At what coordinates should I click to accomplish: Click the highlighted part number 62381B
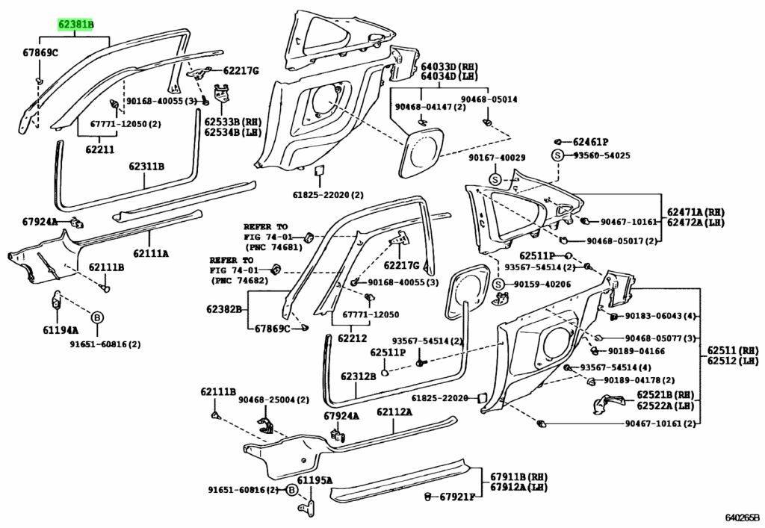[x=76, y=24]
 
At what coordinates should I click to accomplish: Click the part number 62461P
[x=591, y=141]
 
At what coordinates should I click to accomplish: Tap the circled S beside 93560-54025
[x=557, y=155]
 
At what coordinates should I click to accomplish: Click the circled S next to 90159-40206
[x=498, y=284]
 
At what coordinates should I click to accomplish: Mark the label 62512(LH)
[x=733, y=361]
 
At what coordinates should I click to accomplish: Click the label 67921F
[x=457, y=497]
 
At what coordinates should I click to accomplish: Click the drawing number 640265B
[x=742, y=517]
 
